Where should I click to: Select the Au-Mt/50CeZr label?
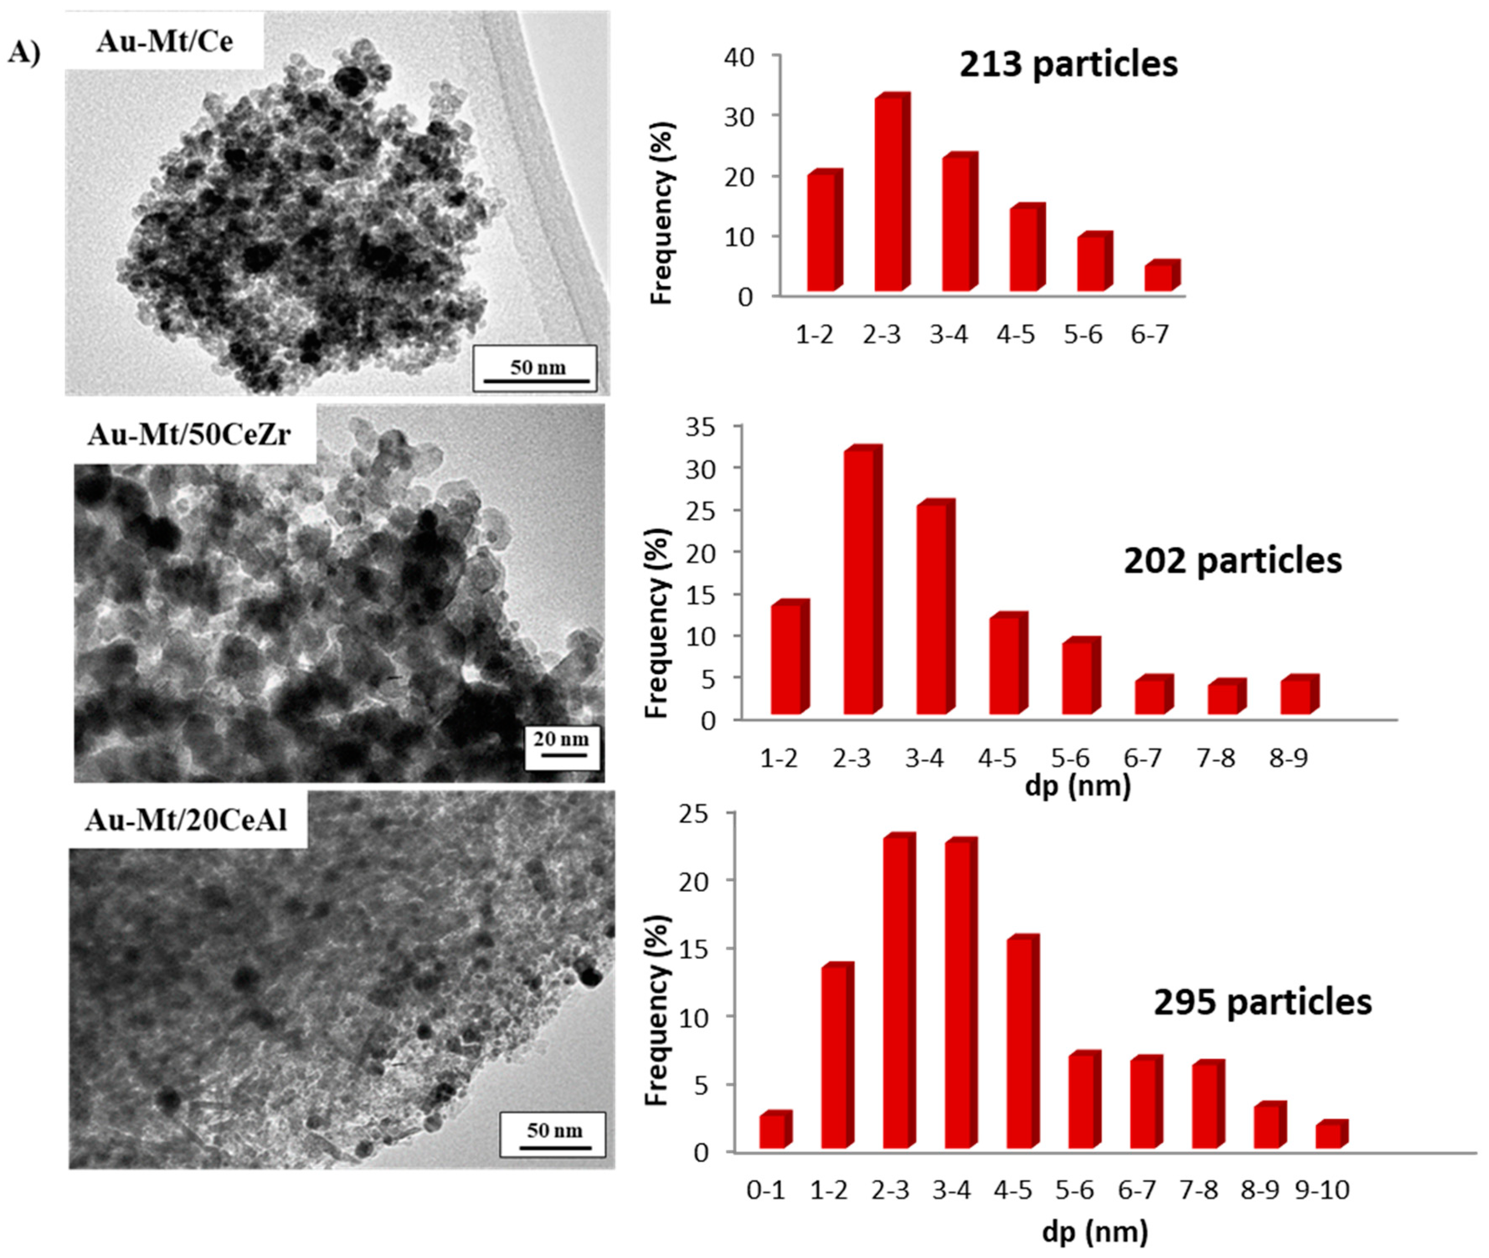189,434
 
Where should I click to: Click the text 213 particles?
1067,64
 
